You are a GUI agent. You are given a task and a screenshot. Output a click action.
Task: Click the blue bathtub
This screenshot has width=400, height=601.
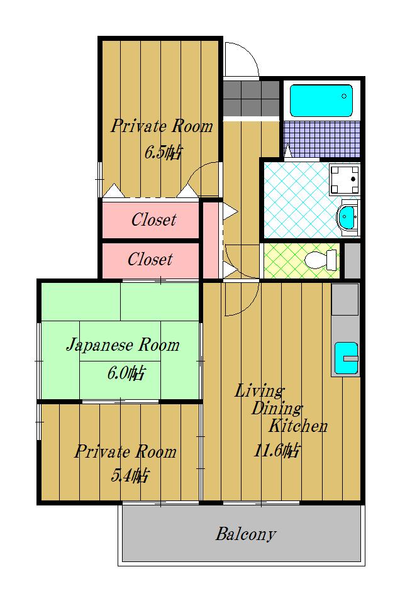click(x=321, y=101)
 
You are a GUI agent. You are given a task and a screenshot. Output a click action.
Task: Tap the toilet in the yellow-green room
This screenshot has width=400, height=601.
click(x=320, y=260)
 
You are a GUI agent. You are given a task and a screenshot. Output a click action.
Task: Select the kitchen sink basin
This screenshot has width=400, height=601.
click(x=346, y=358)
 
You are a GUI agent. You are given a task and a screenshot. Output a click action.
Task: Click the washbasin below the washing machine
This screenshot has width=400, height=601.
click(x=347, y=218)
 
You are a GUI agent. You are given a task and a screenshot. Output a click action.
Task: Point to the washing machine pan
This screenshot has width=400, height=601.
click(x=344, y=179)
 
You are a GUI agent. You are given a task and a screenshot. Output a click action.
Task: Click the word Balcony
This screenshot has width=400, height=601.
click(x=245, y=534)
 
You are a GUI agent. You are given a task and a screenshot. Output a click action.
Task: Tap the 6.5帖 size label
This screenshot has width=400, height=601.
click(x=163, y=153)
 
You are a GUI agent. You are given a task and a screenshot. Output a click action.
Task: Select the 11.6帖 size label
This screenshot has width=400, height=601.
click(x=276, y=451)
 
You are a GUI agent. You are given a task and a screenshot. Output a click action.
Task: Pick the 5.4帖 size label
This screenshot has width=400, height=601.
click(x=130, y=476)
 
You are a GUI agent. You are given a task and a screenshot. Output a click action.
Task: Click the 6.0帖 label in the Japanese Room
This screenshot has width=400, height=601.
click(x=126, y=373)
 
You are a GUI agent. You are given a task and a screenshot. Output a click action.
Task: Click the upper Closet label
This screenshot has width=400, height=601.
click(x=153, y=219)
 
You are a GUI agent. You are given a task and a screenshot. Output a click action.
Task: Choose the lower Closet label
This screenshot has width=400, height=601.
click(x=150, y=259)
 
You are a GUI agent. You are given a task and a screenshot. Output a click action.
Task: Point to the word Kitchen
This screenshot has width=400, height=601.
click(x=297, y=426)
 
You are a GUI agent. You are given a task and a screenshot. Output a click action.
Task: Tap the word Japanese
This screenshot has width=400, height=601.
click(x=101, y=345)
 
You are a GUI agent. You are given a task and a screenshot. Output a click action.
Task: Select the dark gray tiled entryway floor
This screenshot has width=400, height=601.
click(x=251, y=99)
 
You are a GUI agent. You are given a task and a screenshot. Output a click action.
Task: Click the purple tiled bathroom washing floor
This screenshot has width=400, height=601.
click(x=321, y=139)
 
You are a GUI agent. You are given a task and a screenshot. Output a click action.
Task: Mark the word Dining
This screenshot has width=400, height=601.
click(x=277, y=409)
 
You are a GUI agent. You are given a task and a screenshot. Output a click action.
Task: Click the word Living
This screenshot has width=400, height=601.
click(x=259, y=391)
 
